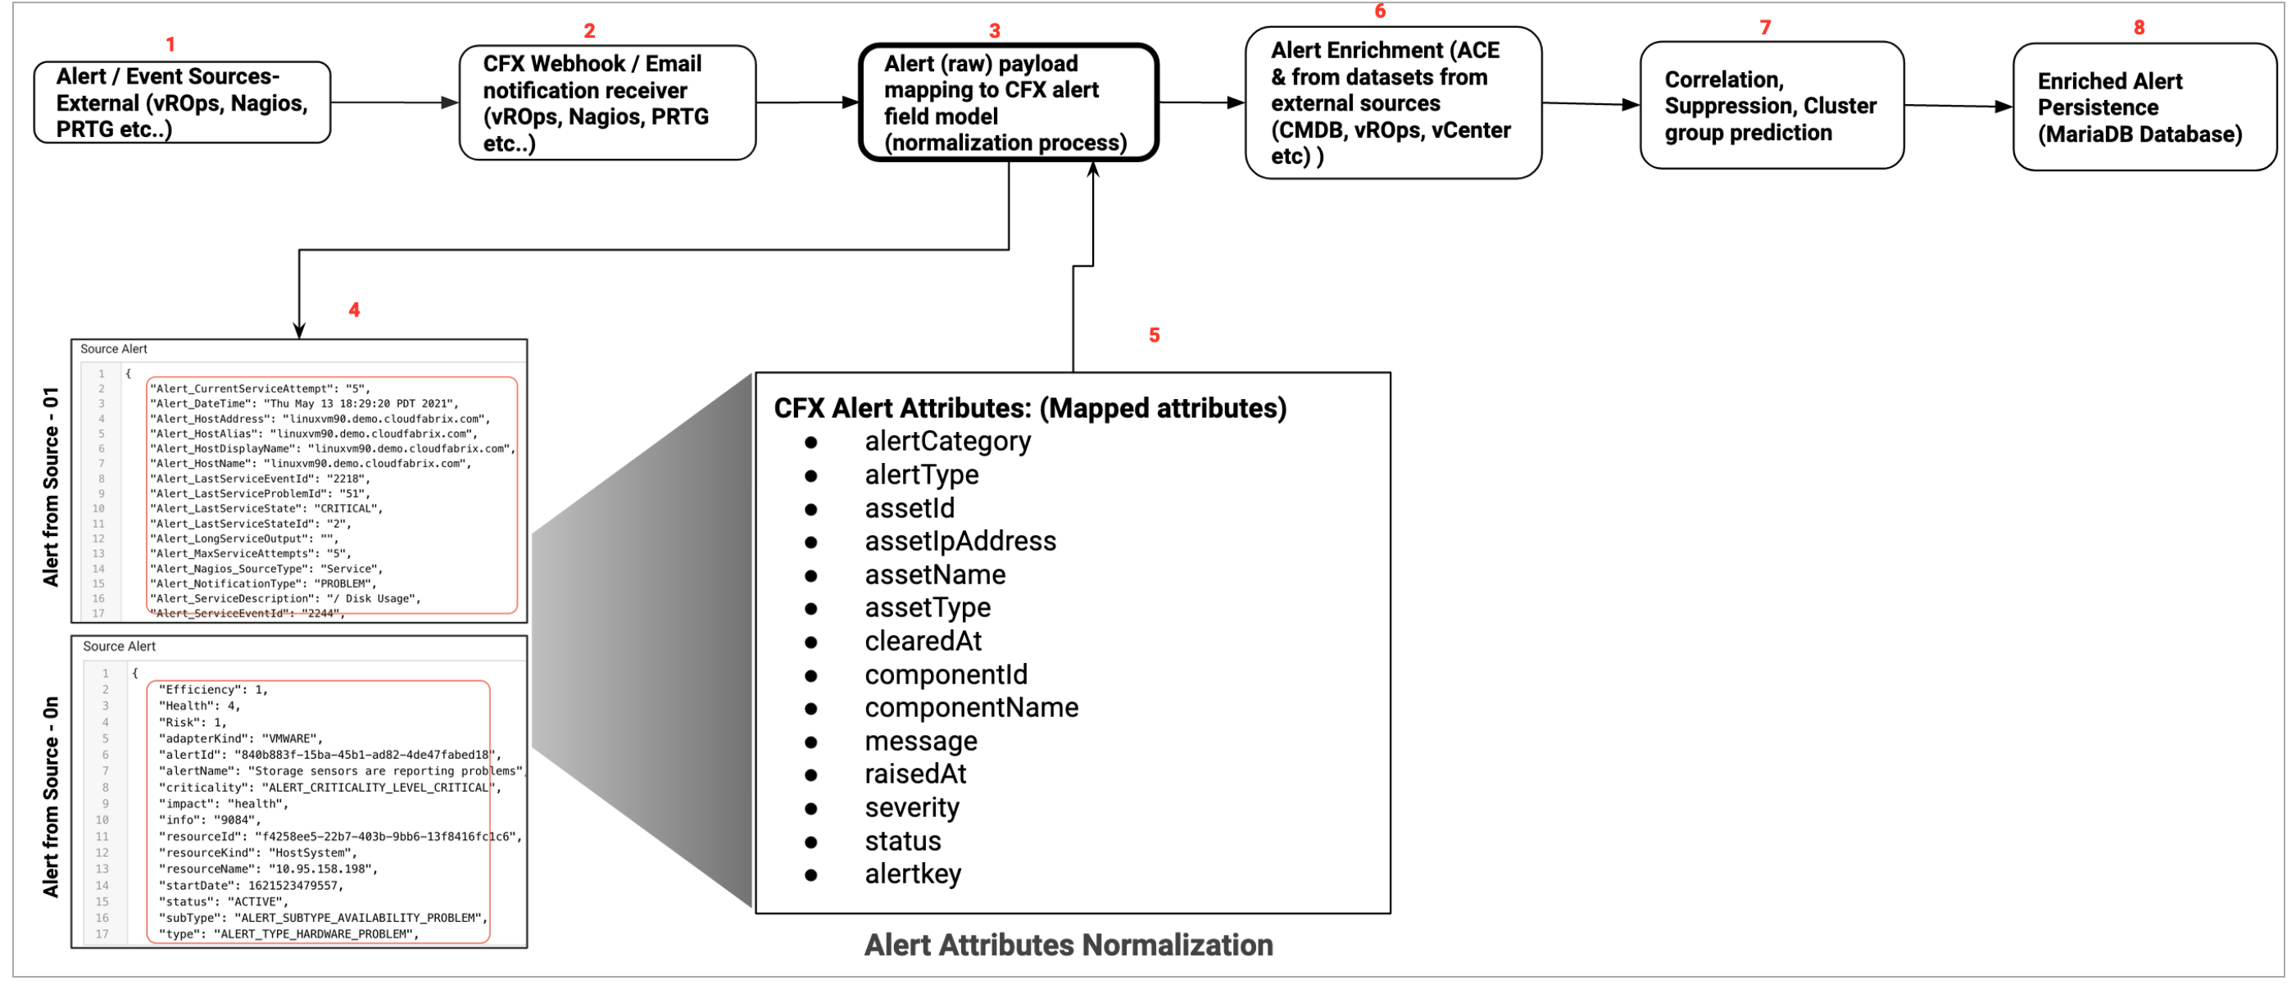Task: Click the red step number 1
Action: [170, 43]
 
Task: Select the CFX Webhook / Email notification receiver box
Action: [607, 102]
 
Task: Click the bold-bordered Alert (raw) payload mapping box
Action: [1007, 102]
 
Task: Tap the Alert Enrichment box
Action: [1392, 102]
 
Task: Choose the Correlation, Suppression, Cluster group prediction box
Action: [1771, 105]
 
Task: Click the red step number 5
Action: [1154, 335]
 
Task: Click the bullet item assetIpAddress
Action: [960, 541]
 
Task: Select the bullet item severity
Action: [912, 808]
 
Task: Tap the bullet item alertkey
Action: [913, 874]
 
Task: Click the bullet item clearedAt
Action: [923, 641]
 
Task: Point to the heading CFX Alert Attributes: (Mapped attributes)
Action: [1029, 408]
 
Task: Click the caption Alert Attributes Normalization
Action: [1068, 945]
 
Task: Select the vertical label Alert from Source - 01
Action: [51, 487]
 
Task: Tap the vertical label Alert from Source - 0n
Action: [51, 796]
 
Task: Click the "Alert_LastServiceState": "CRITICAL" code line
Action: [265, 508]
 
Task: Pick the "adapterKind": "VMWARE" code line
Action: [241, 738]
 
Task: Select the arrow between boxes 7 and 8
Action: [1958, 106]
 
